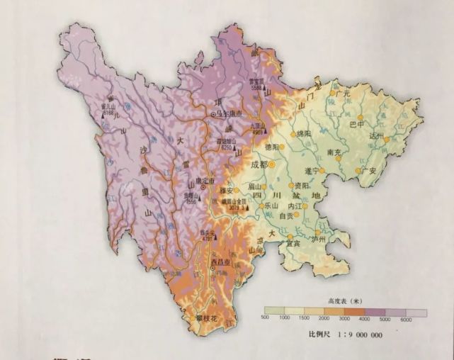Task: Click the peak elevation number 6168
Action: tap(108, 112)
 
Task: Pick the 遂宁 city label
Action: tap(312, 170)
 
